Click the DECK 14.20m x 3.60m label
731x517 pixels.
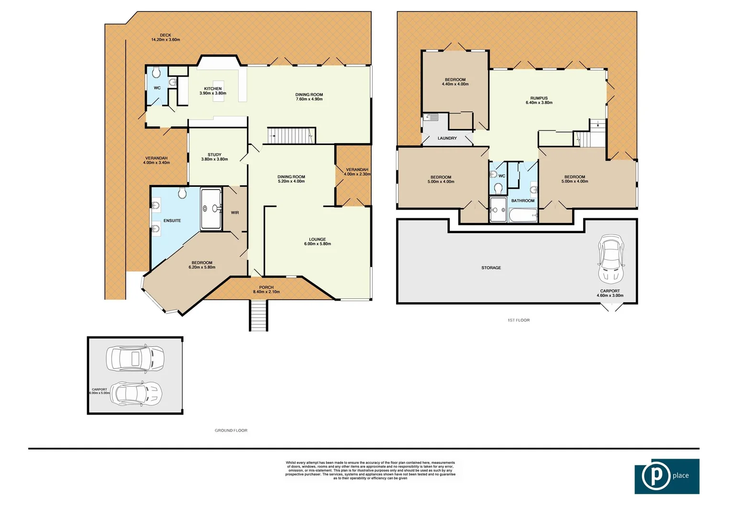point(166,37)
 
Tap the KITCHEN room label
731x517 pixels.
point(213,90)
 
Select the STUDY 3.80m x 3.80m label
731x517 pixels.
point(214,157)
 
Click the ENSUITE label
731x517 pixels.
point(172,221)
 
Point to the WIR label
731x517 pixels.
point(235,213)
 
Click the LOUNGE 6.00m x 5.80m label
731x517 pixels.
point(317,241)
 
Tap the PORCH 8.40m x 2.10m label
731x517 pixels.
point(266,290)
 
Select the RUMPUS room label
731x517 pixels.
point(539,100)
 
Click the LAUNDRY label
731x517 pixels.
point(447,138)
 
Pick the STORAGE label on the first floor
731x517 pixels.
point(491,268)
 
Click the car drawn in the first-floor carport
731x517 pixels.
point(611,259)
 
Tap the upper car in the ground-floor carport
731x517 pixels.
point(135,359)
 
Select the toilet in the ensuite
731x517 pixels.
point(182,193)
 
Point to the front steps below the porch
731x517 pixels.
point(258,315)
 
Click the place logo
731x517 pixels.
point(667,476)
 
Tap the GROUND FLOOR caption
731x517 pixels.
point(231,430)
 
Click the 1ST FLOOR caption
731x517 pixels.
point(519,320)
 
